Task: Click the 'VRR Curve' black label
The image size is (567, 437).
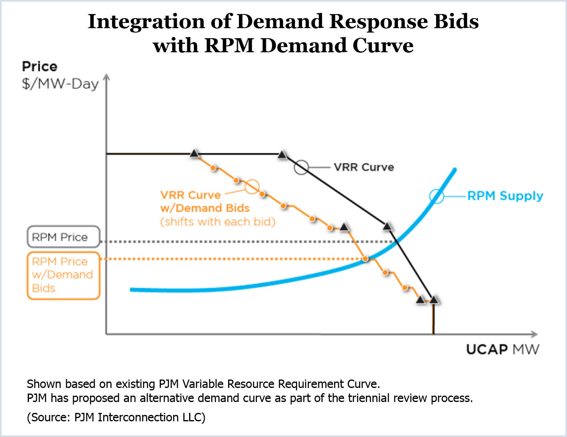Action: [x=363, y=167]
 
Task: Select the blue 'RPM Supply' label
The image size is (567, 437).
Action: [x=505, y=196]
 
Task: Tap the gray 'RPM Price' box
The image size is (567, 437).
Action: [x=63, y=237]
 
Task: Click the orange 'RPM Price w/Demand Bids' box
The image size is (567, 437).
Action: [x=63, y=275]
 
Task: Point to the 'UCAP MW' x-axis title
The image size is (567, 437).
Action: [x=502, y=349]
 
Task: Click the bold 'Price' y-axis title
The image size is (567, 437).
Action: [x=40, y=66]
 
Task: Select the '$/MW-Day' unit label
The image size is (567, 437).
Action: [x=60, y=84]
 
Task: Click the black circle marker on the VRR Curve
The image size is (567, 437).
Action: [x=301, y=167]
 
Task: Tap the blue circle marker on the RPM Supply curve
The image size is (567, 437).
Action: [x=436, y=196]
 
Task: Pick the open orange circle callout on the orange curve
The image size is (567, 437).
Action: [x=252, y=187]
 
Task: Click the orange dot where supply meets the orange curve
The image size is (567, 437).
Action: [x=365, y=259]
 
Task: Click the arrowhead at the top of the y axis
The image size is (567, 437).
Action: [x=106, y=77]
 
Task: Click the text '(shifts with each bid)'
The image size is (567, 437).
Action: [x=218, y=222]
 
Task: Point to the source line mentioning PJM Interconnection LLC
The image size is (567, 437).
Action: [x=116, y=417]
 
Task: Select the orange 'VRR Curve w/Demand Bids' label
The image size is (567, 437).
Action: [x=205, y=201]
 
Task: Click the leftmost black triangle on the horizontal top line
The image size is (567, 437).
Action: [x=194, y=153]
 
